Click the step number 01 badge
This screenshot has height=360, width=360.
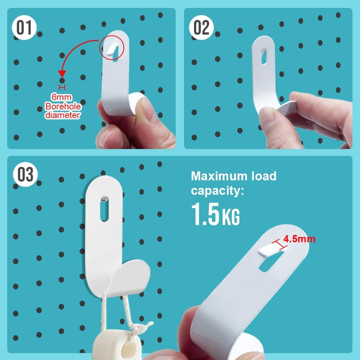pos(23,28)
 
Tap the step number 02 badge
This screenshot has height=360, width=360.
pos(202,28)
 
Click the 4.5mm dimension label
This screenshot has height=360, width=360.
pos(299,239)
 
